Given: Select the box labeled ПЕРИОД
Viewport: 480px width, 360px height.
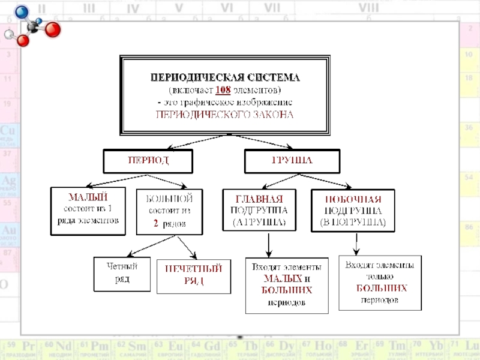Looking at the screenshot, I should (148, 161).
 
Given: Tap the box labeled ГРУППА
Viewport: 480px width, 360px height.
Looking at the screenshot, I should (292, 161).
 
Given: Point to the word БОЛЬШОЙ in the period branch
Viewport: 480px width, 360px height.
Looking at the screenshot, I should (169, 197).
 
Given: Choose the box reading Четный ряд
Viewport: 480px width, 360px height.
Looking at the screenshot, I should (122, 274).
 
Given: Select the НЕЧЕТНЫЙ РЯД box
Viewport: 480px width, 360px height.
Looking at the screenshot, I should (193, 275).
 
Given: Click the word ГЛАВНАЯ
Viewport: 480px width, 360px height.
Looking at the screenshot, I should (260, 199).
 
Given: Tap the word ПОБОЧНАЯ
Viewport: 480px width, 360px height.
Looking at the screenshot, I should (353, 199).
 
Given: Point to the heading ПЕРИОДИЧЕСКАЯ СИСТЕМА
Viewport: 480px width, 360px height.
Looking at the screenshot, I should (224, 78).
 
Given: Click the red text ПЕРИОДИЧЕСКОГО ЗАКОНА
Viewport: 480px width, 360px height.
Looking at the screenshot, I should (224, 114).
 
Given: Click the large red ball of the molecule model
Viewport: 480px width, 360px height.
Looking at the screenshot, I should (53, 30).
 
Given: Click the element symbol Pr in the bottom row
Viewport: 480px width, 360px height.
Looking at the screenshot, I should (28, 347).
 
